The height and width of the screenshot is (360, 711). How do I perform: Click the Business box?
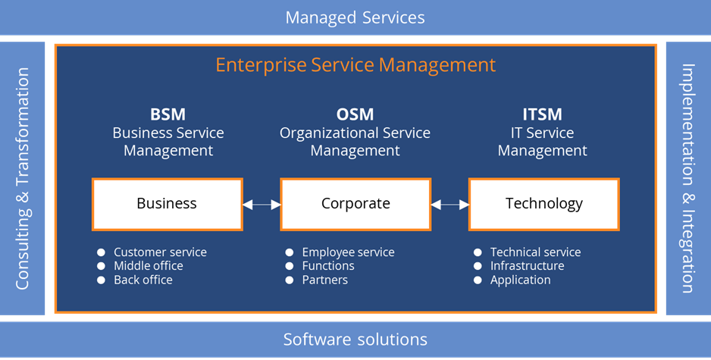pos(167,203)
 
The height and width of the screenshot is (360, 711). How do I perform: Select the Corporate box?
pos(355,203)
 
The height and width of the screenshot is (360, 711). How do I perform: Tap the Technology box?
pos(543,203)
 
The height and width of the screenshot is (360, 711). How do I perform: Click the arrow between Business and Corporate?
pos(262,204)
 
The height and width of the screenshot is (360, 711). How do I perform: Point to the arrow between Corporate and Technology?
pos(449,204)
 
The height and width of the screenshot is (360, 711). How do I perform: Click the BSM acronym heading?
pos(168,115)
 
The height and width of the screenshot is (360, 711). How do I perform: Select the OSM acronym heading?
pos(355,115)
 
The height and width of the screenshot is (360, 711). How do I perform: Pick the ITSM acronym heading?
pos(542,115)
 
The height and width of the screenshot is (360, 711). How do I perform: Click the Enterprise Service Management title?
pos(355,64)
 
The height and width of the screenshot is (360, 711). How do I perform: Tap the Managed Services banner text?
pos(355,17)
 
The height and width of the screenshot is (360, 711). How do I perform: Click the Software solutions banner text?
pos(355,339)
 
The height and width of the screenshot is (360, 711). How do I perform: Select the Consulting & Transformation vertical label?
pos(23,179)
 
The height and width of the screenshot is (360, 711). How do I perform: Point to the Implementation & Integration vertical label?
pos(688,178)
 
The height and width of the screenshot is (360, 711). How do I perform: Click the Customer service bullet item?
pos(160,252)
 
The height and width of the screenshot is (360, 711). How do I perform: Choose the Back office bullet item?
pos(143,280)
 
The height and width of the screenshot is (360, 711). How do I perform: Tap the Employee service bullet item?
pos(348,252)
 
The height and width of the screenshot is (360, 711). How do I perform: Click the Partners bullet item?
pos(325,280)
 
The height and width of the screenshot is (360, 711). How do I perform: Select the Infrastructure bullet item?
pos(527,266)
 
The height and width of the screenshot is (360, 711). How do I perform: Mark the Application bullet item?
pos(520,280)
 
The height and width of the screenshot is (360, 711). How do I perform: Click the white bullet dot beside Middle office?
pos(101,266)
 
